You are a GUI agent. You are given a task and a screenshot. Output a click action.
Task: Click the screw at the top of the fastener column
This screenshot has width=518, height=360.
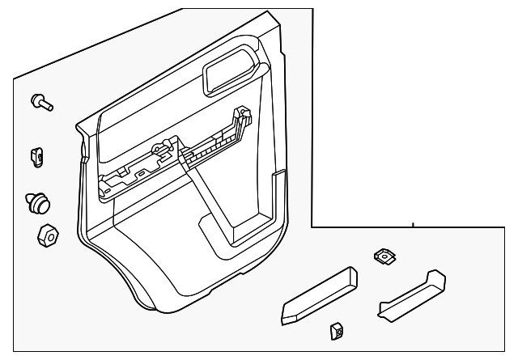[x=40, y=102]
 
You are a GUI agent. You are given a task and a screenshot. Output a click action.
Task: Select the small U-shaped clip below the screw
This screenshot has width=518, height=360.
[x=37, y=154]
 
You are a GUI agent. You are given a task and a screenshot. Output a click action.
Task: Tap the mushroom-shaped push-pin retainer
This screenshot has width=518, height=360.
[x=37, y=200]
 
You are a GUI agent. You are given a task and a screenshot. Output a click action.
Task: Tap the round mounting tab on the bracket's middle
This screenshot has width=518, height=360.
[x=163, y=149]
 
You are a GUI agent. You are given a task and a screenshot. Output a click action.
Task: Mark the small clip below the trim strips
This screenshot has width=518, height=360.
[x=336, y=330]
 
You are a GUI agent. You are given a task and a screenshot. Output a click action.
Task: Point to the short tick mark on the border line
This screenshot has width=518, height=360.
[x=413, y=223]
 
